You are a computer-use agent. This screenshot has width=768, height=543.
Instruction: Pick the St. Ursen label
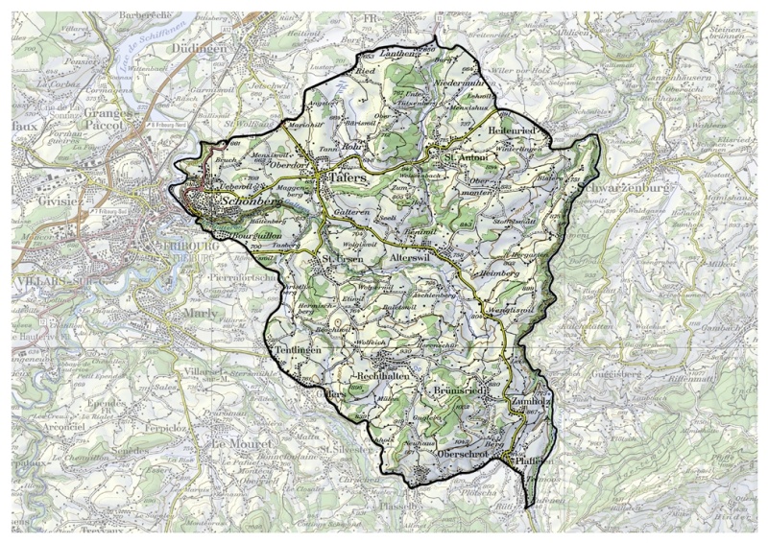click(341, 258)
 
